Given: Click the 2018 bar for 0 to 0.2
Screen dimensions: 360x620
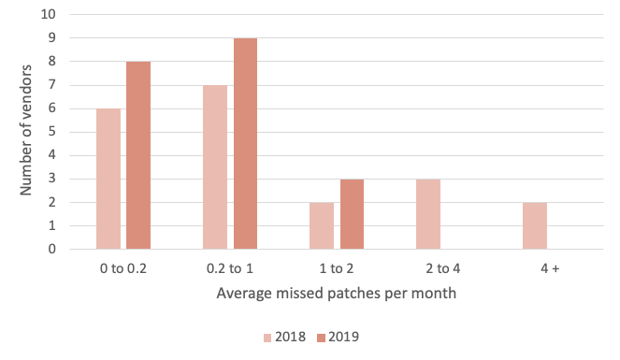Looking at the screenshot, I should [x=108, y=179].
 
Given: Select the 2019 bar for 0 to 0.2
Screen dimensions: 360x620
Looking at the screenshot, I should [x=138, y=155].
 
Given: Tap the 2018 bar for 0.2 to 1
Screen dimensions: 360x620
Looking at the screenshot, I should [x=215, y=167].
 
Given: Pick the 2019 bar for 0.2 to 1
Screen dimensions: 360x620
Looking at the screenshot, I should [x=245, y=144].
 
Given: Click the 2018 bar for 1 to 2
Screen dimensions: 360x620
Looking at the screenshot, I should [x=322, y=225].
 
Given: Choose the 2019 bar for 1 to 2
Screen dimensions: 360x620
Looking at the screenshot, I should [x=352, y=214].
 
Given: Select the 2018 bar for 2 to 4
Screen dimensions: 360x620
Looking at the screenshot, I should [x=428, y=214].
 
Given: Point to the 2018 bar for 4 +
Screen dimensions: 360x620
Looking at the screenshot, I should [x=535, y=225].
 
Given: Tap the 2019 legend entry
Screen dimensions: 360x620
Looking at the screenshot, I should [x=339, y=337].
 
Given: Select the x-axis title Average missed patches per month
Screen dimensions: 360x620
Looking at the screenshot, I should [x=324, y=293].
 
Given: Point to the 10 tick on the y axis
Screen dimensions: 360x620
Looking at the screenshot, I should [x=50, y=15].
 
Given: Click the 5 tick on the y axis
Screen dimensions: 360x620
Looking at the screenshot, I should [x=52, y=132].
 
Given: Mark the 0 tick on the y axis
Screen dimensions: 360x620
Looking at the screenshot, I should [x=52, y=249].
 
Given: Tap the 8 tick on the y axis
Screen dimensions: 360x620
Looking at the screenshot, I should [x=52, y=62].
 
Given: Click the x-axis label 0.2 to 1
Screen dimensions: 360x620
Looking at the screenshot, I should [x=230, y=268].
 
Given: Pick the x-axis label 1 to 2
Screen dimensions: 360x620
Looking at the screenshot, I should [x=337, y=268].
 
